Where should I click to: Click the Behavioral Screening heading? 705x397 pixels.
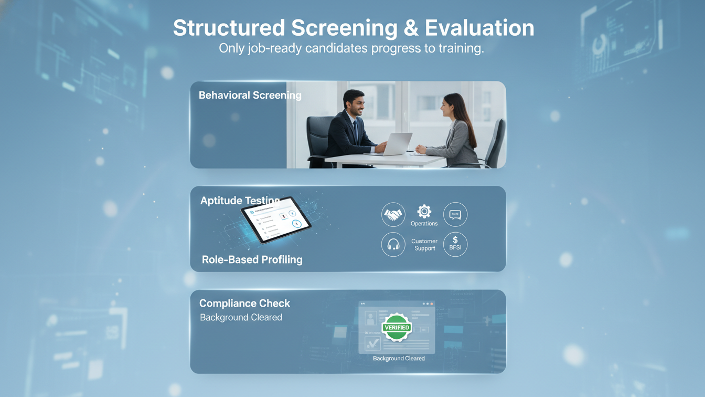click(x=250, y=95)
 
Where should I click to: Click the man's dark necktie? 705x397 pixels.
click(x=356, y=130)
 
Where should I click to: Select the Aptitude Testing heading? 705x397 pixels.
click(x=239, y=201)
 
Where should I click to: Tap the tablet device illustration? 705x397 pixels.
click(x=276, y=220)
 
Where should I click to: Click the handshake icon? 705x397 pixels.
click(x=393, y=214)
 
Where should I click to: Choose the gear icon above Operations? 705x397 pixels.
click(x=424, y=211)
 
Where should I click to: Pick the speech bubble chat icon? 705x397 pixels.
click(x=455, y=214)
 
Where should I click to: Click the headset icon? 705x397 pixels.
click(x=393, y=245)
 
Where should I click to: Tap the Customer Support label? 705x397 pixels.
click(x=424, y=245)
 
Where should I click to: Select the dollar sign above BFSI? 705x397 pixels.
click(x=455, y=239)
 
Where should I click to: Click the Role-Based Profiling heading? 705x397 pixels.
click(x=252, y=259)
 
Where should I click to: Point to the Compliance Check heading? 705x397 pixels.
click(x=244, y=303)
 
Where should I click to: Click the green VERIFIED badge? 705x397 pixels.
click(x=397, y=327)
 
